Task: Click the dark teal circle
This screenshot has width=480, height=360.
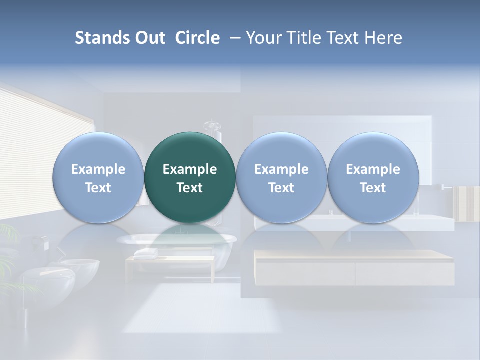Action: click(x=190, y=178)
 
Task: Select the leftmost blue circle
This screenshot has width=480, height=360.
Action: click(x=98, y=178)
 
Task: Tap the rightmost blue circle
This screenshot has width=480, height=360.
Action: click(x=373, y=178)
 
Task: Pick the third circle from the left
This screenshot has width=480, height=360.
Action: click(x=281, y=178)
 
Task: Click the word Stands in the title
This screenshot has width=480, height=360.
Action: click(x=102, y=38)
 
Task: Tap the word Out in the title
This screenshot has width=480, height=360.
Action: click(x=150, y=38)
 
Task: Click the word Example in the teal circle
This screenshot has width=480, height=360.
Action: click(x=190, y=169)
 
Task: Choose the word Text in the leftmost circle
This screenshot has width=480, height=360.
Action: click(x=98, y=188)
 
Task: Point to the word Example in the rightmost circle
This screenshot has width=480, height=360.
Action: click(x=373, y=169)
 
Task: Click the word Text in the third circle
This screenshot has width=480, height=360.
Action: click(x=281, y=188)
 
